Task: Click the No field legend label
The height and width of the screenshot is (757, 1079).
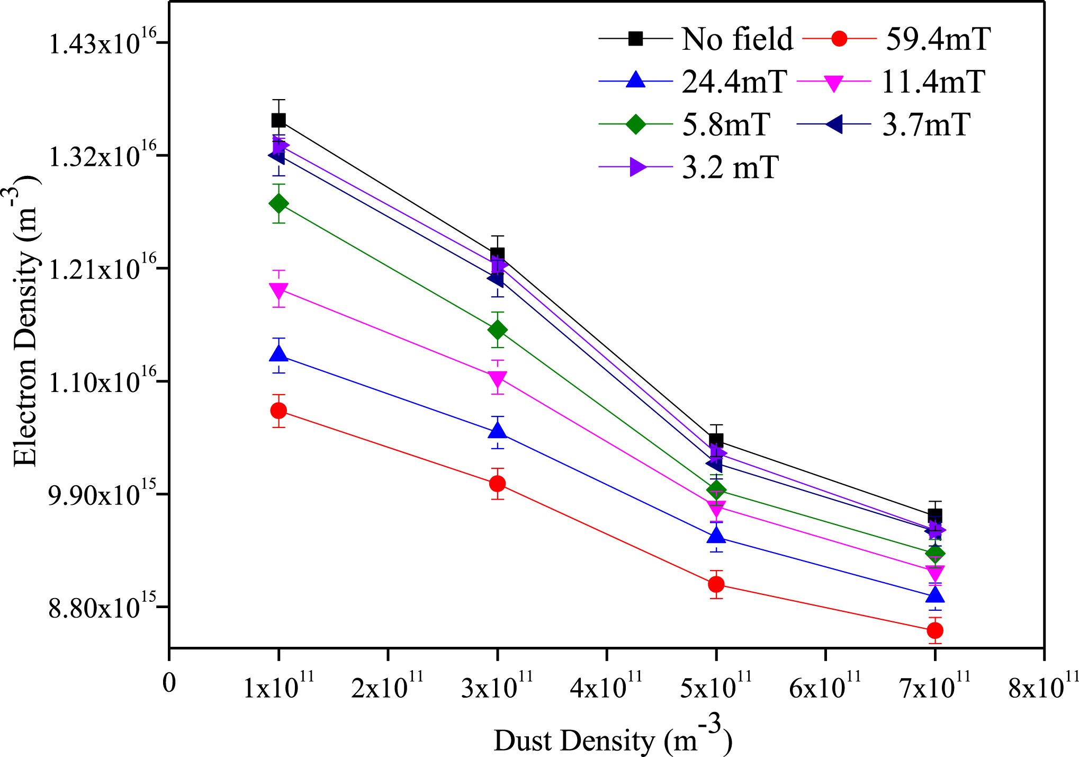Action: point(737,39)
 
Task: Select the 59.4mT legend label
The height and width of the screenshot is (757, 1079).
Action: point(938,39)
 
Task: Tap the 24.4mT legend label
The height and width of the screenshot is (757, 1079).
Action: point(734,82)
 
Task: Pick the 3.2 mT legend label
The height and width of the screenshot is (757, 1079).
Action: point(730,168)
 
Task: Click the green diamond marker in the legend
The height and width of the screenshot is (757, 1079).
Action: point(635,125)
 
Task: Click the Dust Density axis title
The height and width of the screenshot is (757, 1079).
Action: point(613,740)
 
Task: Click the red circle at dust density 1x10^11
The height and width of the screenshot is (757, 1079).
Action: point(278,411)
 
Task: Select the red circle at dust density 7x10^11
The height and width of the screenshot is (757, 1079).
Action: point(935,630)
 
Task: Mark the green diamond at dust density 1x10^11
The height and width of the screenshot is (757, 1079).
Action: point(278,203)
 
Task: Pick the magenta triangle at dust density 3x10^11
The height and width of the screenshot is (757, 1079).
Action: point(497,378)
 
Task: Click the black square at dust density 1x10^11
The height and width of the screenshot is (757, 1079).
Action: point(278,120)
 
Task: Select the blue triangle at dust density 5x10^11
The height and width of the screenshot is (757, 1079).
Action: point(716,536)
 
